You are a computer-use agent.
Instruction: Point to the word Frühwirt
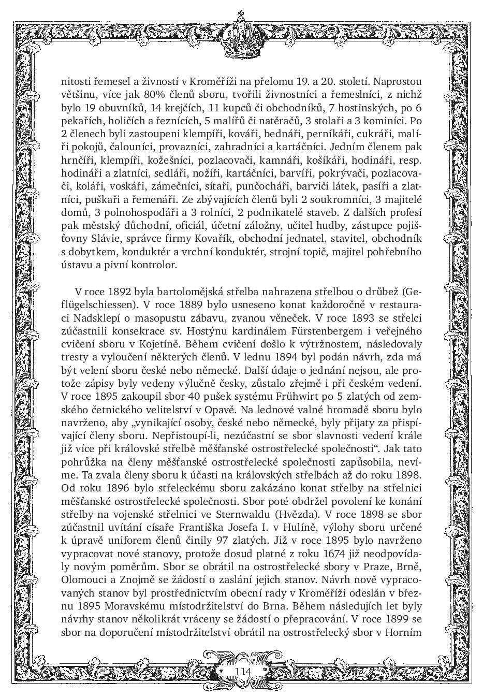(305, 397)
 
